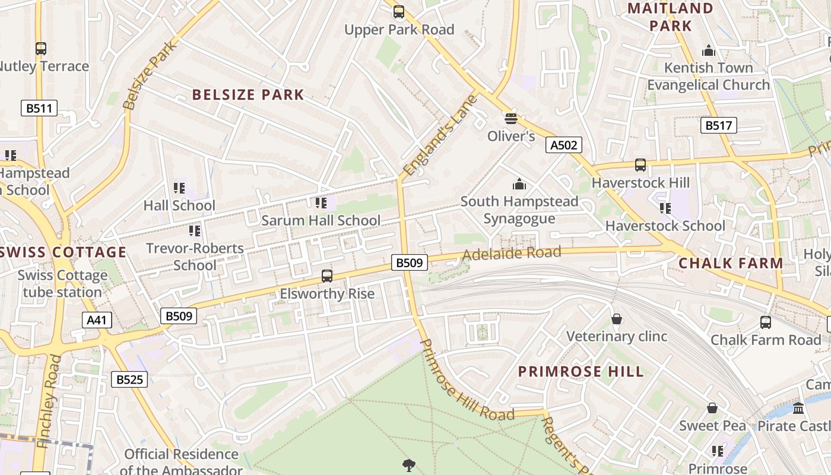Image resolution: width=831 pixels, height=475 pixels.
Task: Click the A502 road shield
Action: [563, 145]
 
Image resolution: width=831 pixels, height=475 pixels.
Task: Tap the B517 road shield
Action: [718, 125]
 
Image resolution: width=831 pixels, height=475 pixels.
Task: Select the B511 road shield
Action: [40, 108]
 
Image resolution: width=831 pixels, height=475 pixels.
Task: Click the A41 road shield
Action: [96, 321]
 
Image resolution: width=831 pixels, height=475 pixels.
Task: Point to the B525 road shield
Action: [129, 379]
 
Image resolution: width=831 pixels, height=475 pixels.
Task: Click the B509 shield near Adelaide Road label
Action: [410, 262]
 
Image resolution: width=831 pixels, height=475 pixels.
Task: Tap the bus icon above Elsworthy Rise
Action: [327, 276]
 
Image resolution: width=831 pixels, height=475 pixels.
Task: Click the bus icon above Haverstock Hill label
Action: [640, 165]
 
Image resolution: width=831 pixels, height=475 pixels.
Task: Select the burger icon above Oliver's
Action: [511, 118]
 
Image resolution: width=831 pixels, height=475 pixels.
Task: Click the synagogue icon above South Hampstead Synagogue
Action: [519, 184]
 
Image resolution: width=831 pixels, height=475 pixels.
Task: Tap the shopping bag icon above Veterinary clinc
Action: [617, 319]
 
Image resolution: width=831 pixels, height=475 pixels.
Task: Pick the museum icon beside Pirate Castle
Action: [798, 408]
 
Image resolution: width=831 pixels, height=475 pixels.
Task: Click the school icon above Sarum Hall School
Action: [321, 204]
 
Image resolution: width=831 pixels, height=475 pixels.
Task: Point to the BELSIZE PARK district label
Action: [248, 95]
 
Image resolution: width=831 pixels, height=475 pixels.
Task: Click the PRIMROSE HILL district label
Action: [581, 372]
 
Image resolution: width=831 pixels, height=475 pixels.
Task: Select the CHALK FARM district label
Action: [731, 263]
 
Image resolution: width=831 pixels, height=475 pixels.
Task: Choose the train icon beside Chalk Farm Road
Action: [766, 322]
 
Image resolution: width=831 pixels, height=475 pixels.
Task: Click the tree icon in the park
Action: [408, 465]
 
